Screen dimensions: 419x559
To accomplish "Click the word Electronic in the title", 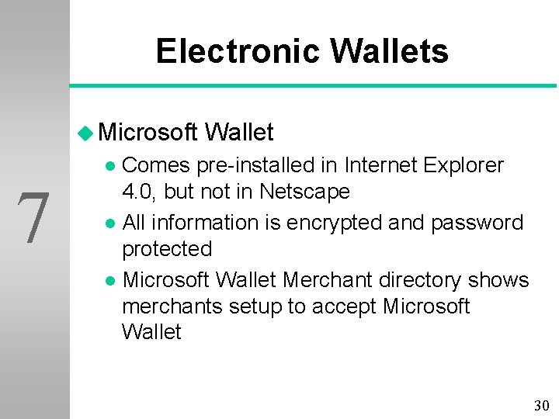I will coord(238,52).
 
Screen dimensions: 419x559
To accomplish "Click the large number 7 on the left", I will coord(34,219).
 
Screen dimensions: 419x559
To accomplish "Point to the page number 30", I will coord(541,405).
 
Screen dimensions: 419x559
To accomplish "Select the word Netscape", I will coord(304,192).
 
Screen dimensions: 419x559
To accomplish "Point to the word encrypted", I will coord(334,223).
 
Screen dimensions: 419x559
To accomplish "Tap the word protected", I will coord(167,249).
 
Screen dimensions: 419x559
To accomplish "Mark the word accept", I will coord(345,306).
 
